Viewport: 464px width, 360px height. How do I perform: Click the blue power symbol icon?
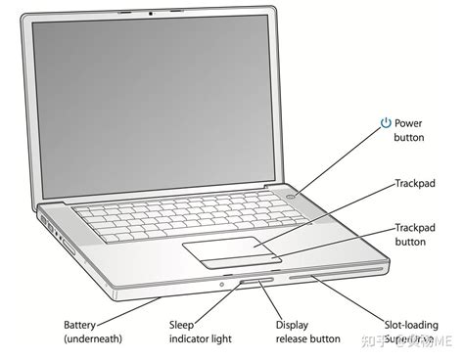[387, 123]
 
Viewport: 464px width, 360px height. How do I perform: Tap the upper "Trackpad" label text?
[414, 183]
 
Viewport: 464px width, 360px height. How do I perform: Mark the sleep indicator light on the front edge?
[224, 285]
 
